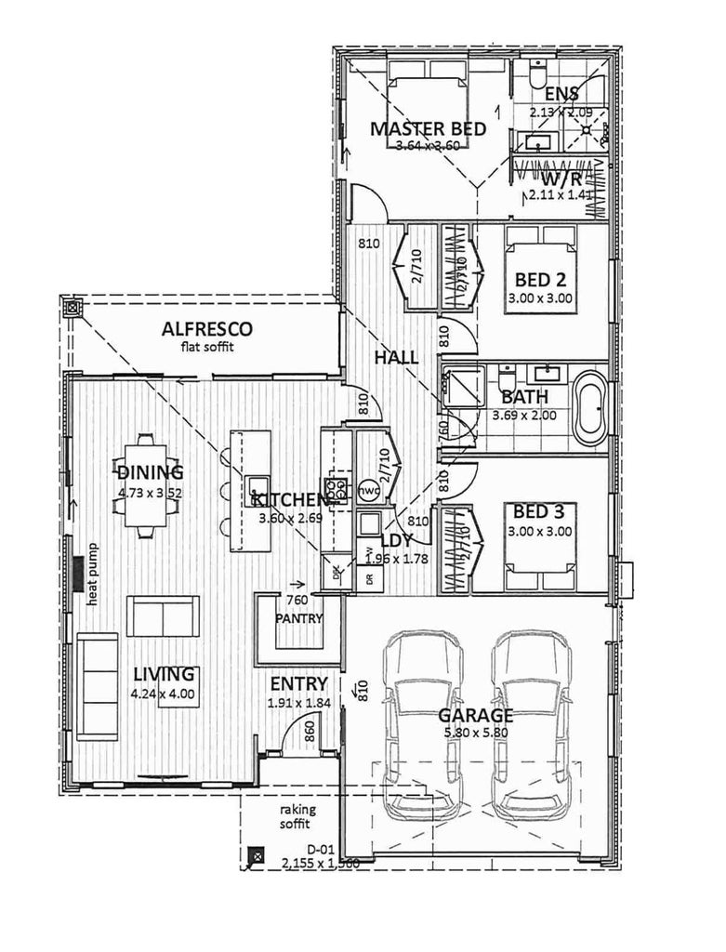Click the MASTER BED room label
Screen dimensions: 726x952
click(x=428, y=129)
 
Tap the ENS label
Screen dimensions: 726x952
click(x=561, y=94)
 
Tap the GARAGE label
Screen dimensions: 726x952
click(x=475, y=716)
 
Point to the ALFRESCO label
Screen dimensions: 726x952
click(x=207, y=329)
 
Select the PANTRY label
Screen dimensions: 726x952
click(x=298, y=618)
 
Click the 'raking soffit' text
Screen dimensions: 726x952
click(x=297, y=817)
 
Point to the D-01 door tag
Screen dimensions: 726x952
click(x=320, y=849)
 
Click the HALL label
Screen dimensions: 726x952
click(x=396, y=358)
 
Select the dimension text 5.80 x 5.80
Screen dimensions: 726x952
click(x=475, y=734)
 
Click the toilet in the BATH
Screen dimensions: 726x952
click(x=507, y=380)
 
